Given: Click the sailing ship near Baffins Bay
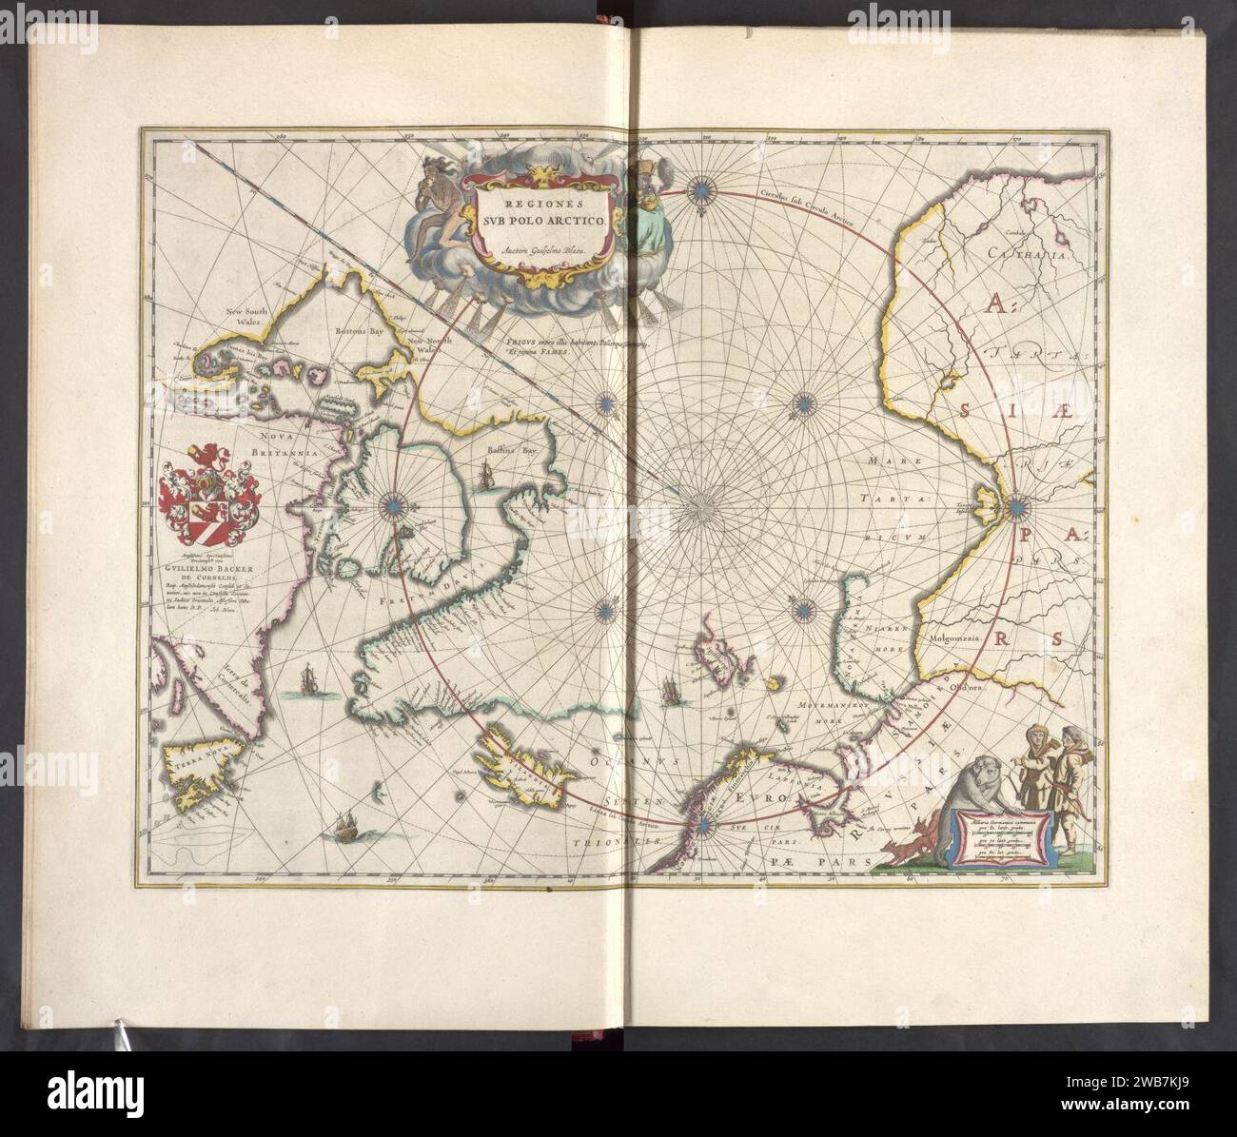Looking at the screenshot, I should (x=487, y=473).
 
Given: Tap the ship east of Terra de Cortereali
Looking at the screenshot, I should (x=306, y=681).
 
